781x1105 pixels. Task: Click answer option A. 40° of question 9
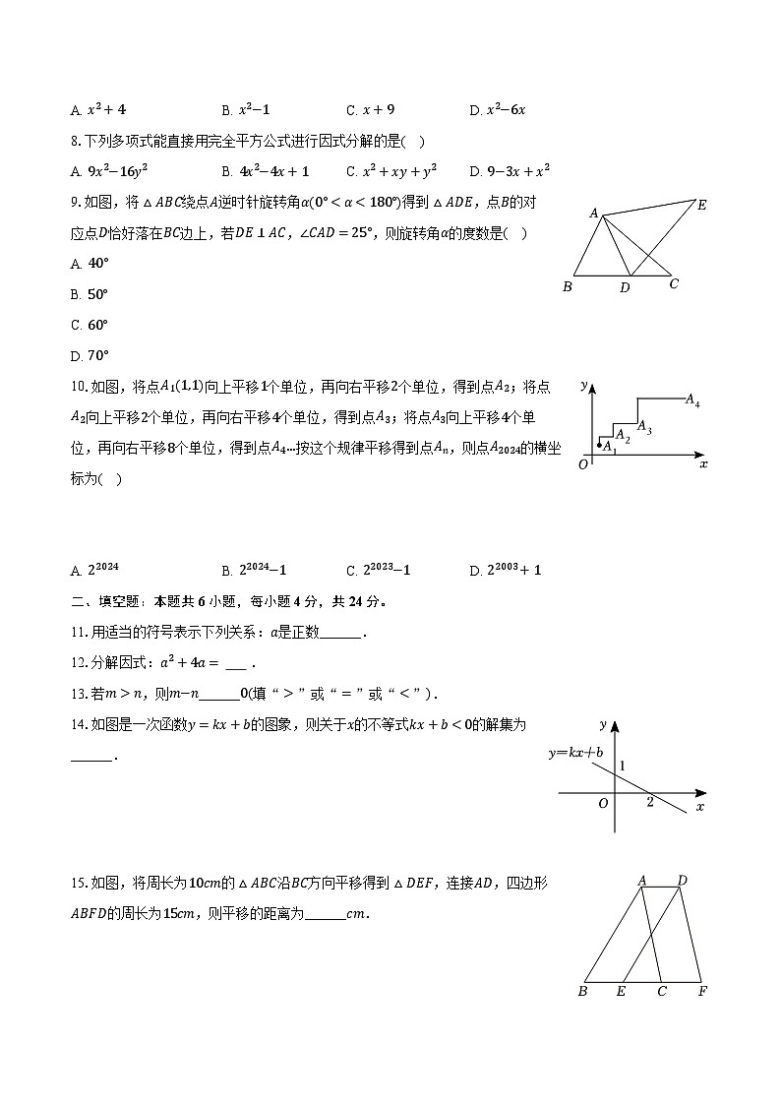coord(90,264)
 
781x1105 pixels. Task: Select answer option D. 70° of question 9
coord(90,355)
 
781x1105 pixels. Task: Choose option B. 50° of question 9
coord(90,294)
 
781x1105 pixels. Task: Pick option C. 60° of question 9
coord(90,325)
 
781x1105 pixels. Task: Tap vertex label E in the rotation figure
coord(701,206)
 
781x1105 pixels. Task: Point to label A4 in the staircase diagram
coord(692,401)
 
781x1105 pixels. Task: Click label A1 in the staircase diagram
coord(609,446)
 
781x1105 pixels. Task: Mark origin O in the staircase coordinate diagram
coord(583,464)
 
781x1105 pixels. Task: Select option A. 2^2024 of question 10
coord(95,570)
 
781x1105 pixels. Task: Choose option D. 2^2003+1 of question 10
coord(506,570)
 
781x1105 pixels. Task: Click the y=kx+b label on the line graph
coord(576,753)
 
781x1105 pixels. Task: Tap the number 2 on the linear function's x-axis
coord(650,803)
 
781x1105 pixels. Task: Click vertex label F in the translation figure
coord(701,992)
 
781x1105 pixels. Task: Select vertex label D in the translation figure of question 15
coord(682,881)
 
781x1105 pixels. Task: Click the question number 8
coord(77,141)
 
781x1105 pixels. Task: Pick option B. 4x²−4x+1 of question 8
coord(266,171)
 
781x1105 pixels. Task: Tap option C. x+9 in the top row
coord(371,110)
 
